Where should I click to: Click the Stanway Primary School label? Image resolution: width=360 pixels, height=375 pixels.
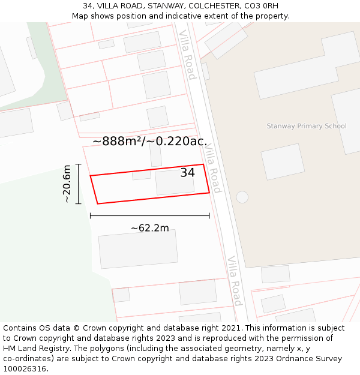[x=307, y=126]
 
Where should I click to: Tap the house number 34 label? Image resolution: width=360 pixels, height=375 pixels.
[x=187, y=173]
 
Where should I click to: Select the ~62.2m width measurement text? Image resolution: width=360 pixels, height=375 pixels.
[x=149, y=228]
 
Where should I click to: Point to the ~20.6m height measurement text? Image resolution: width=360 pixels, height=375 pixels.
[x=67, y=184]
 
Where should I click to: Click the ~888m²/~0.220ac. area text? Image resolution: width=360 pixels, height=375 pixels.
[x=150, y=142]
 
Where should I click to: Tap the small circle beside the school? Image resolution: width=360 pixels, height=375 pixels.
[x=242, y=197]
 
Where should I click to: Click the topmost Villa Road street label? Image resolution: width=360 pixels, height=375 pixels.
[x=188, y=55]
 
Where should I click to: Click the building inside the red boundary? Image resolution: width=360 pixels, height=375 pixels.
[x=175, y=182]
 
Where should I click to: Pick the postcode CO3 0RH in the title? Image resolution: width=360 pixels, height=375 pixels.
[x=262, y=6]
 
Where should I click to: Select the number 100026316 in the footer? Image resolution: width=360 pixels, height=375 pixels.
[x=25, y=369]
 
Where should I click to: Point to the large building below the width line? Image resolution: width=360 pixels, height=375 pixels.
[x=139, y=248]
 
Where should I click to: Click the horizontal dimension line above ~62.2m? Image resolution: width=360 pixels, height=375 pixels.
[x=149, y=215]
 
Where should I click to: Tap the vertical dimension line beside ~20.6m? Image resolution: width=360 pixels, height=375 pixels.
[x=79, y=184]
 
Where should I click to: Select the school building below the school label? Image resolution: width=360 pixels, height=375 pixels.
[x=283, y=161]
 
